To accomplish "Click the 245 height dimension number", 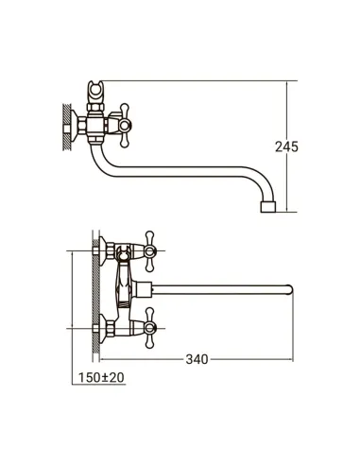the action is pyautogui.click(x=286, y=146).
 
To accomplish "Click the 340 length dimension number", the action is pyautogui.click(x=197, y=359).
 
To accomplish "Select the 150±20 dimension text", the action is pyautogui.click(x=101, y=377).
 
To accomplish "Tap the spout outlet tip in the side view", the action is pyautogui.click(x=268, y=207).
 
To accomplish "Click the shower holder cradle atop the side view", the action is pyautogui.click(x=95, y=91).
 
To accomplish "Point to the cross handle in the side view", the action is pyautogui.click(x=124, y=126).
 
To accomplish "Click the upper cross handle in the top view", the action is pyautogui.click(x=150, y=251).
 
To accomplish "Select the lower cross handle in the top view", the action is pyautogui.click(x=150, y=328).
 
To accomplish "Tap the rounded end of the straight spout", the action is pyautogui.click(x=290, y=289).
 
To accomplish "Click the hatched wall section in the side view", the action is pyautogui.click(x=66, y=127).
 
